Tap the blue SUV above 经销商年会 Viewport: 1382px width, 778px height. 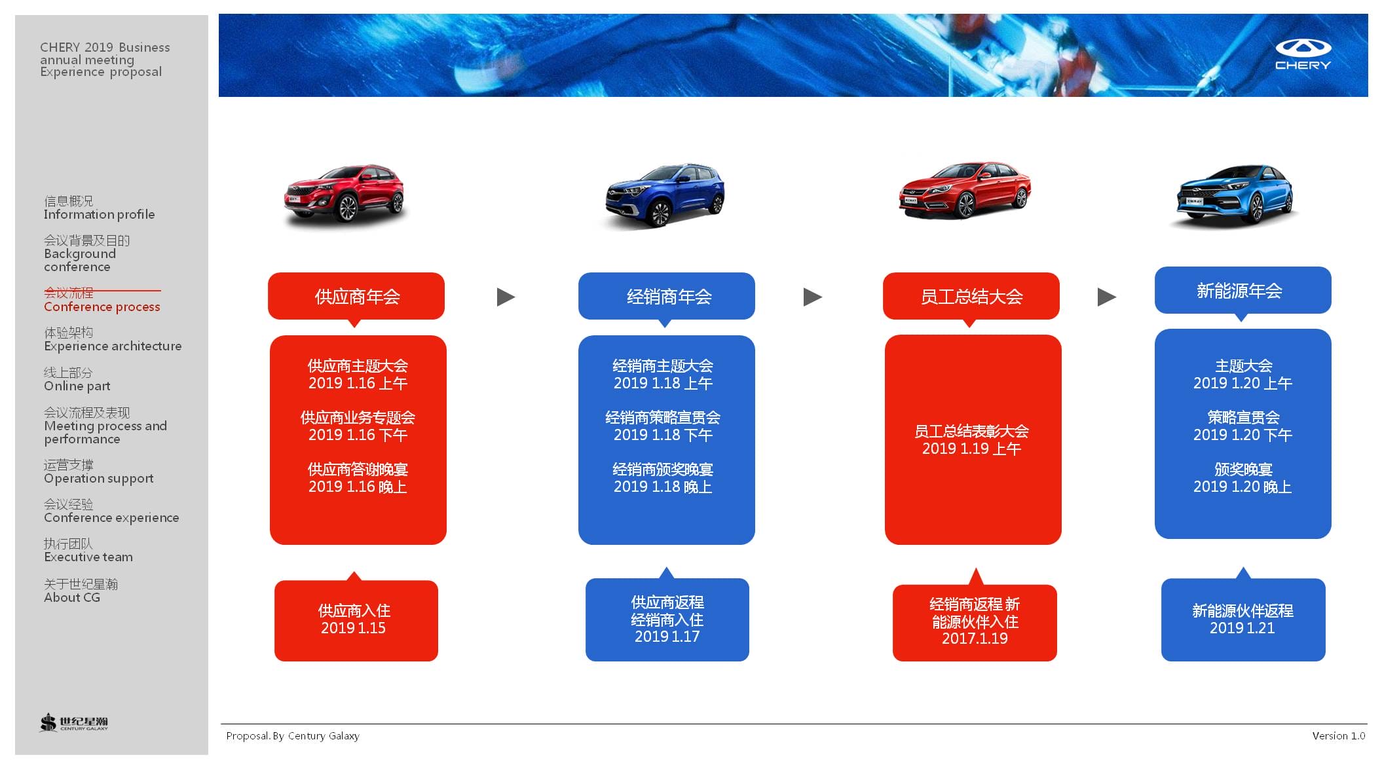click(x=665, y=194)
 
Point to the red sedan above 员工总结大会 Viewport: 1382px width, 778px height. click(x=965, y=189)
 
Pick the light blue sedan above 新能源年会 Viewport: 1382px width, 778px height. click(x=1235, y=194)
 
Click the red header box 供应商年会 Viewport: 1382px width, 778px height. click(x=356, y=297)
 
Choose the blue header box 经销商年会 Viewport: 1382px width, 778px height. click(x=667, y=297)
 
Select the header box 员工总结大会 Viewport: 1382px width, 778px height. click(x=971, y=297)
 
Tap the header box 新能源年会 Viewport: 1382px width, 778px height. click(x=1243, y=290)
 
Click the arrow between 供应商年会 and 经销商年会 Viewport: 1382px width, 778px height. click(x=506, y=297)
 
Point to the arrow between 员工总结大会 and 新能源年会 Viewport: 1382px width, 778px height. click(x=1107, y=297)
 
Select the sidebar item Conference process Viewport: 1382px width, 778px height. click(x=102, y=306)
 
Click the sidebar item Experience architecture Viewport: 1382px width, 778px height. click(x=113, y=346)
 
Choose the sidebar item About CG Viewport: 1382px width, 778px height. click(x=72, y=597)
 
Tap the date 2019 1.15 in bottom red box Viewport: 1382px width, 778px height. click(x=353, y=628)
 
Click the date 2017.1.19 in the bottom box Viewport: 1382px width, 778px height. click(x=975, y=639)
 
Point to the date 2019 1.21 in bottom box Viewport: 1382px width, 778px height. click(x=1242, y=628)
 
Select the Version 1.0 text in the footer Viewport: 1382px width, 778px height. click(x=1339, y=735)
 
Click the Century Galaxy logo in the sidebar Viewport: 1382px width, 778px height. click(x=73, y=722)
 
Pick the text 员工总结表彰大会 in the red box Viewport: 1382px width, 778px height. click(x=971, y=431)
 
